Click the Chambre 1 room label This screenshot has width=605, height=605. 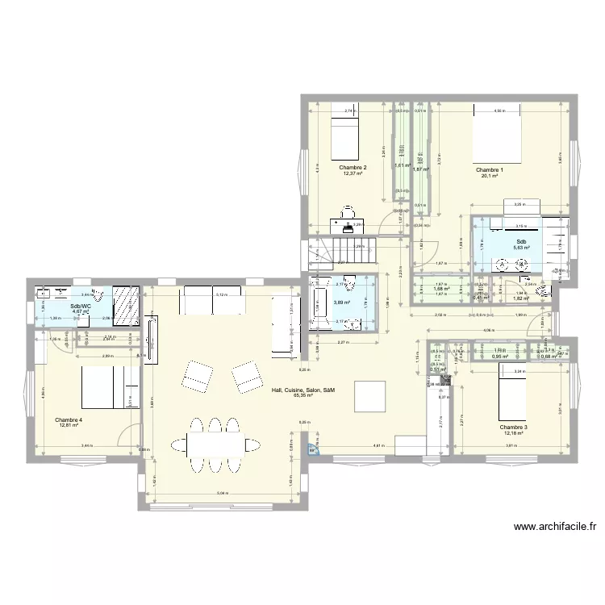click(x=490, y=170)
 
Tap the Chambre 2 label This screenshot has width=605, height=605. click(x=353, y=167)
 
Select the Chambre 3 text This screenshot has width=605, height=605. click(x=513, y=427)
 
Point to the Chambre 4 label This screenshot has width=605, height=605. click(x=69, y=419)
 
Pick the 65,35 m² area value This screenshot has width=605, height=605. click(x=303, y=395)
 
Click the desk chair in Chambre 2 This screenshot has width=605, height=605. click(x=348, y=211)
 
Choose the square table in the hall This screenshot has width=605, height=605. click(x=370, y=395)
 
